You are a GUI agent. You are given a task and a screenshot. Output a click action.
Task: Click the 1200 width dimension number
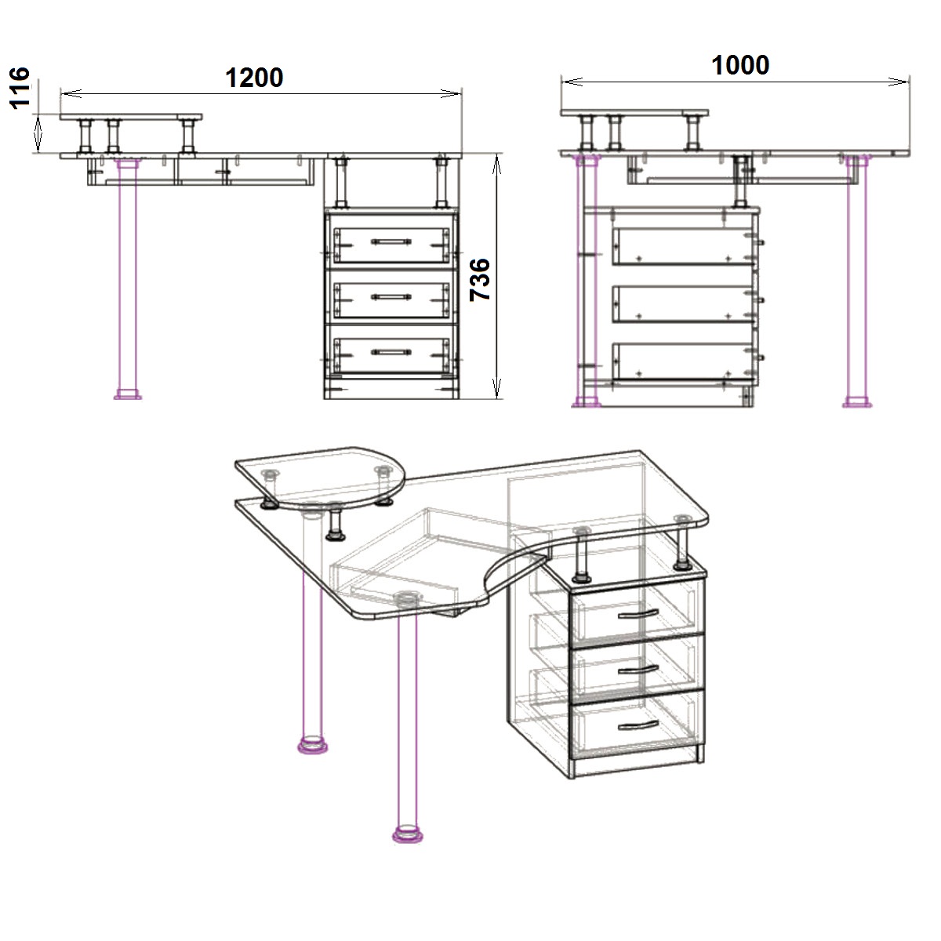254,78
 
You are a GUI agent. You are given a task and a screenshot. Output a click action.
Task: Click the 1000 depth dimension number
740,65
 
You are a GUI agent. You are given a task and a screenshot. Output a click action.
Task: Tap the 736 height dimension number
480,280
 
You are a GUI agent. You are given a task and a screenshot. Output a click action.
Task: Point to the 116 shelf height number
20,88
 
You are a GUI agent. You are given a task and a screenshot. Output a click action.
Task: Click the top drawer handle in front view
391,242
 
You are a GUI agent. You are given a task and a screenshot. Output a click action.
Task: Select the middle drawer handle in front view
391,296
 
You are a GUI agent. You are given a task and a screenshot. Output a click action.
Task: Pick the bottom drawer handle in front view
391,351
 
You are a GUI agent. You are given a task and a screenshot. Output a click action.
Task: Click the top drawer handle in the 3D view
638,614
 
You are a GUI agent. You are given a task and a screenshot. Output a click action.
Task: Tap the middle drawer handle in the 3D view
638,670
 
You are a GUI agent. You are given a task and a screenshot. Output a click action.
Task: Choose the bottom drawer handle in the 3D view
638,726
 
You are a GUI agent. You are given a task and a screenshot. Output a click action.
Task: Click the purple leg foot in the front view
128,394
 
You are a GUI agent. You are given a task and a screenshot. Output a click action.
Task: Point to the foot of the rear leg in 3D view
313,745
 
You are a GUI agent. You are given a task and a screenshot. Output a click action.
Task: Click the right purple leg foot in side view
857,402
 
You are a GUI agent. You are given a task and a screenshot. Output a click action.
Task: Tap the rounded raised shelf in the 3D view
320,477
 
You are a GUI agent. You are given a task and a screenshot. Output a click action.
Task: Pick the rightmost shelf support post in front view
442,182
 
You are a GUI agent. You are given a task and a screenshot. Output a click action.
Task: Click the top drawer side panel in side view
683,246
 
